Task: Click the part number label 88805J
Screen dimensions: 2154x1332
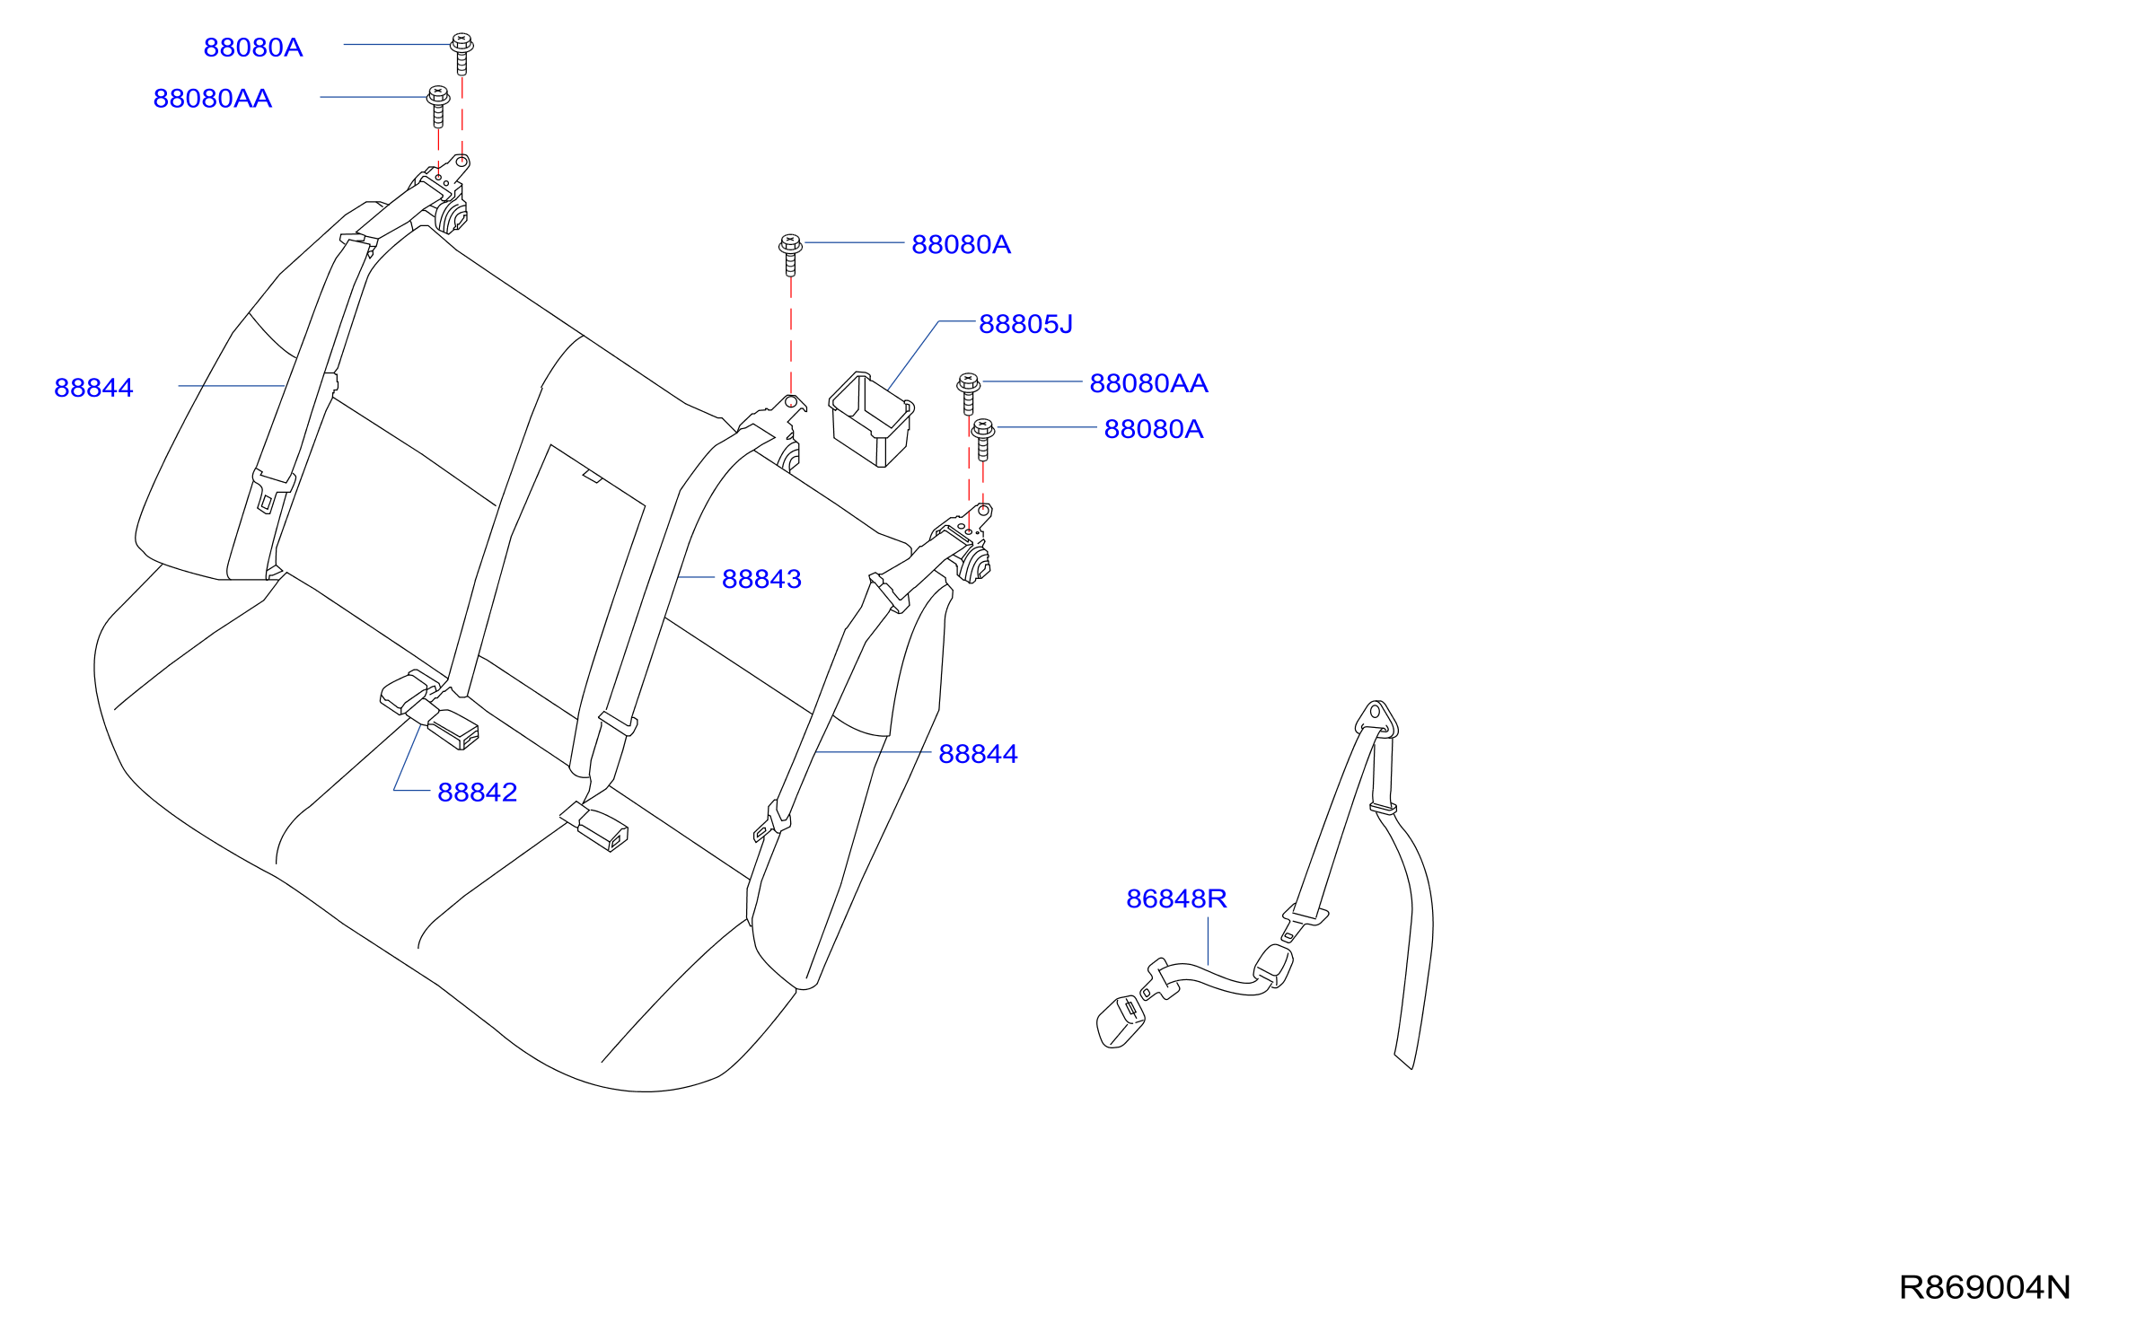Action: [1025, 324]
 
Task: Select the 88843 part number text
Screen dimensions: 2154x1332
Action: [761, 579]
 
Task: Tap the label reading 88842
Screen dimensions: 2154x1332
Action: [477, 793]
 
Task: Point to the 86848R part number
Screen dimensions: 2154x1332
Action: [1176, 898]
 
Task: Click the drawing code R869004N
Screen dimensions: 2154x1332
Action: [1985, 1287]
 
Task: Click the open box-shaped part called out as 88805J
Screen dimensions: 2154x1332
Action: [870, 419]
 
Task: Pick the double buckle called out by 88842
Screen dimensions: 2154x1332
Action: [429, 709]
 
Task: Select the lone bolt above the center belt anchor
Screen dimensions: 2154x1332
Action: [790, 255]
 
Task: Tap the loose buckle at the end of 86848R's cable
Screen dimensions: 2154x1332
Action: [1120, 1021]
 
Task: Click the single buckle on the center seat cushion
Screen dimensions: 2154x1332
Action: [594, 827]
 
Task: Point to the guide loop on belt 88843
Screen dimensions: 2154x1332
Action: [618, 723]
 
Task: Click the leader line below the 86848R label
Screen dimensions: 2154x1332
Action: [1208, 941]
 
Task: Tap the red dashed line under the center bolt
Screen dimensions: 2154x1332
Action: [791, 337]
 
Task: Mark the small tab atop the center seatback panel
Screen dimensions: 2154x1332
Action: [592, 476]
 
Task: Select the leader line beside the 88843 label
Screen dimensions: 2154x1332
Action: [696, 577]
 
